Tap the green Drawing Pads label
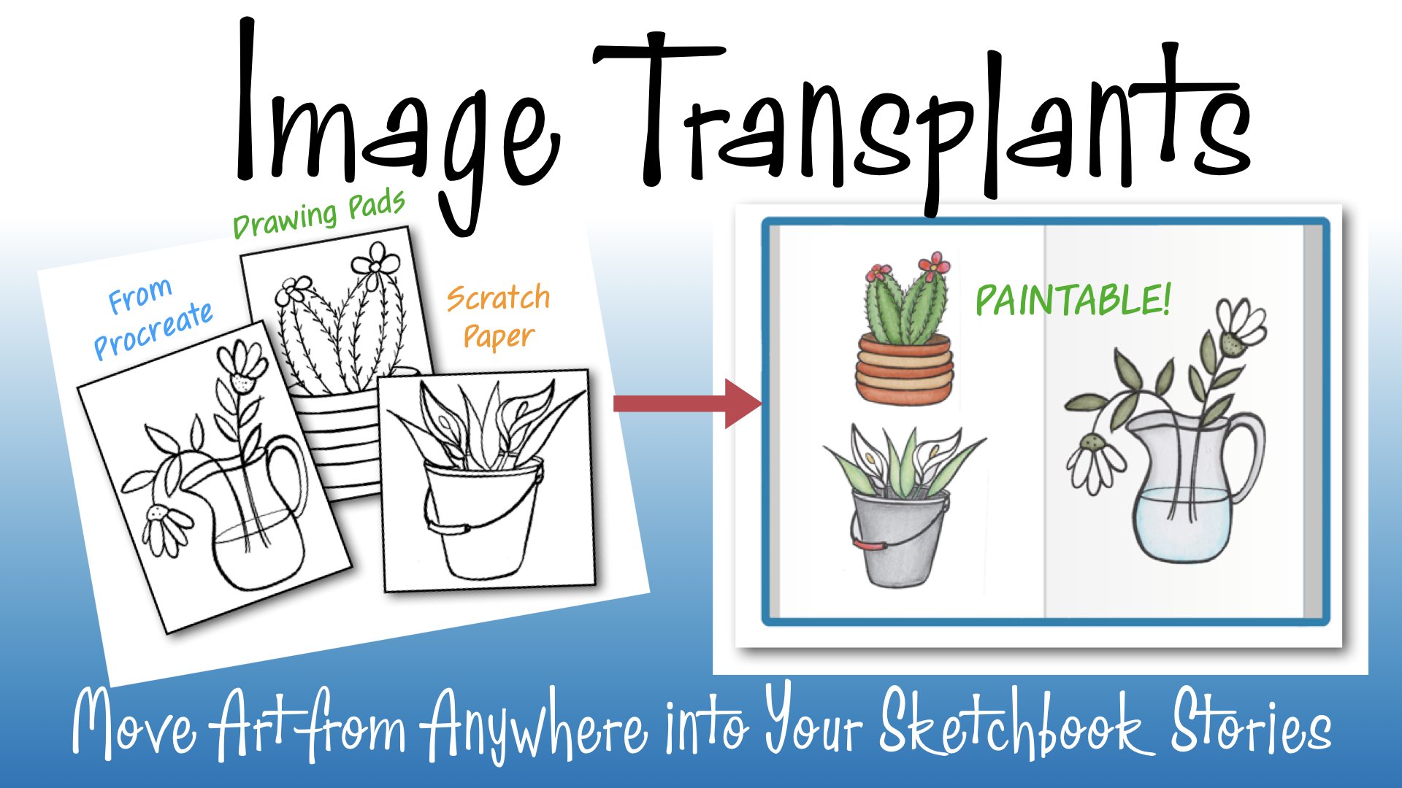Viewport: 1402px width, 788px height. point(319,214)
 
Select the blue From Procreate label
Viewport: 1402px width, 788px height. point(153,318)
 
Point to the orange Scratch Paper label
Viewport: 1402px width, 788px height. point(499,317)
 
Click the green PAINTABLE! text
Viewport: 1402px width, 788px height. point(1073,300)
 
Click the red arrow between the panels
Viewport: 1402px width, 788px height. point(687,403)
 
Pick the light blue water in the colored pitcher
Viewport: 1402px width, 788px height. point(1183,525)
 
